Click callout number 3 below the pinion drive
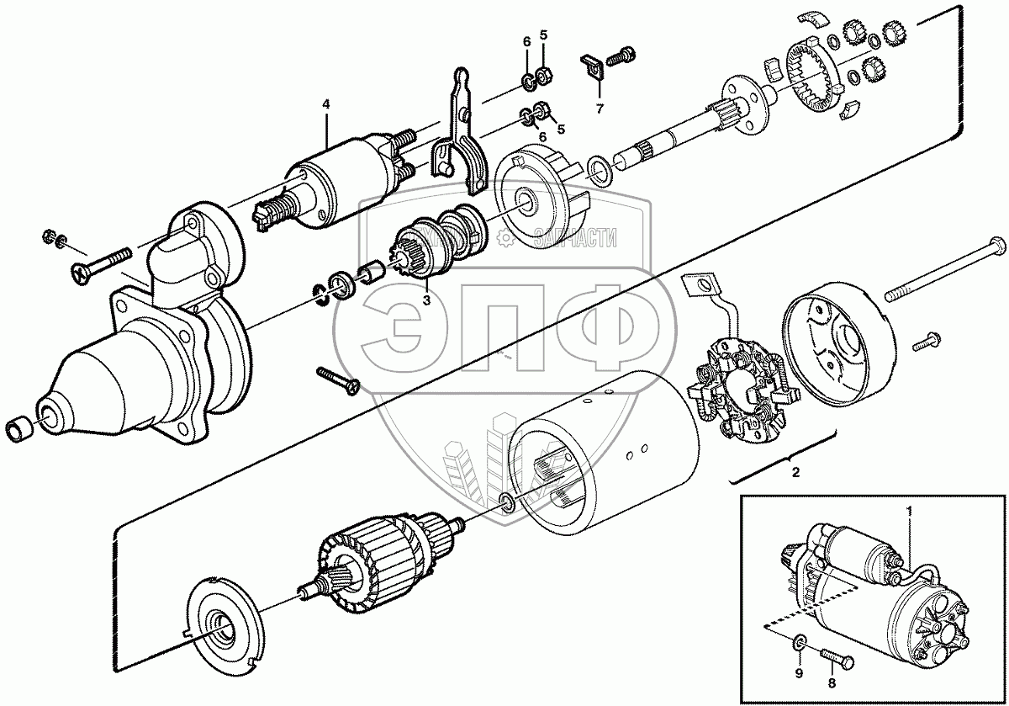(x=426, y=298)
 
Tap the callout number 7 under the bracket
(x=600, y=109)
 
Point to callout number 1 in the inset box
(x=909, y=511)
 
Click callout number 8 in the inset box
(x=832, y=683)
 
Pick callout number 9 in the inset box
(x=799, y=683)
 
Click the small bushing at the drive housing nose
(x=19, y=428)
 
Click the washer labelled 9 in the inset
(x=798, y=645)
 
